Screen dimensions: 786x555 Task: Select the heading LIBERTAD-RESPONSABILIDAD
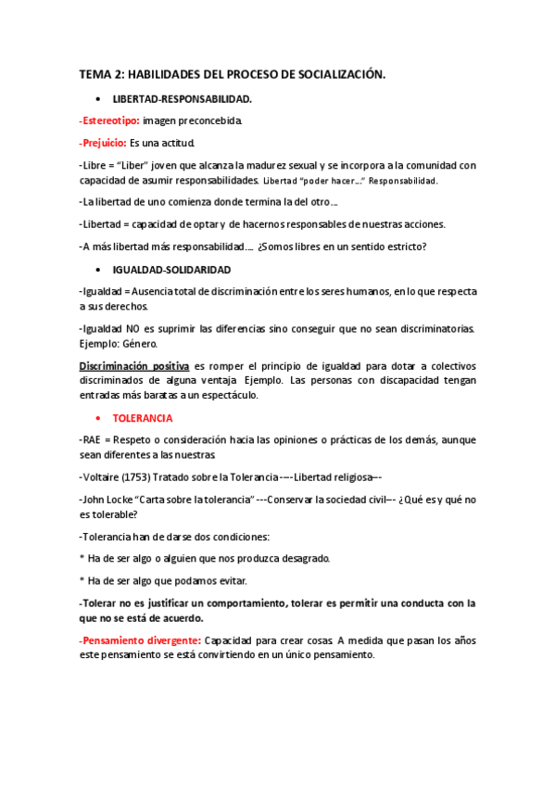click(182, 97)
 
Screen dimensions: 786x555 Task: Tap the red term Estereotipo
click(111, 120)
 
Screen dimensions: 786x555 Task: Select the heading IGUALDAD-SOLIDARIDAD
click(171, 269)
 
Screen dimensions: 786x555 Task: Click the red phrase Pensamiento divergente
click(140, 640)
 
